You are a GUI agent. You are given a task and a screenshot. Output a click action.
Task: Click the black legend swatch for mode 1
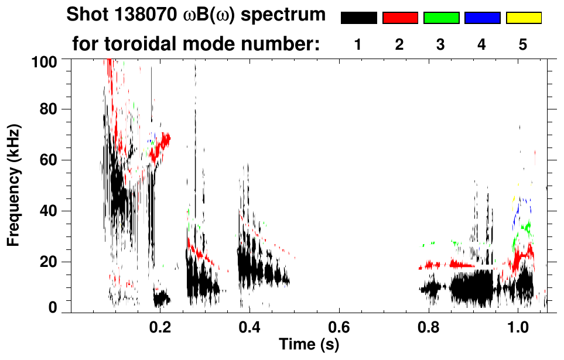[358, 18]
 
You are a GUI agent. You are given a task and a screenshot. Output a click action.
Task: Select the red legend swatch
[400, 18]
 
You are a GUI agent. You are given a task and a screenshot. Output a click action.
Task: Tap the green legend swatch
[441, 18]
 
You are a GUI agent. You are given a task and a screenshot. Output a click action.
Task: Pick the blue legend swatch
[482, 18]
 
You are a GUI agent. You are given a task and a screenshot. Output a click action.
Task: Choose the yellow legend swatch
[524, 18]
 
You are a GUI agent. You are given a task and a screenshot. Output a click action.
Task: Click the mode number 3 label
[440, 45]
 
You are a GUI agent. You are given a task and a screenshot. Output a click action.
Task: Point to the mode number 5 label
[523, 45]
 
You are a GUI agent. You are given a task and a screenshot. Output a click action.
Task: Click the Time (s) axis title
[309, 344]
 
